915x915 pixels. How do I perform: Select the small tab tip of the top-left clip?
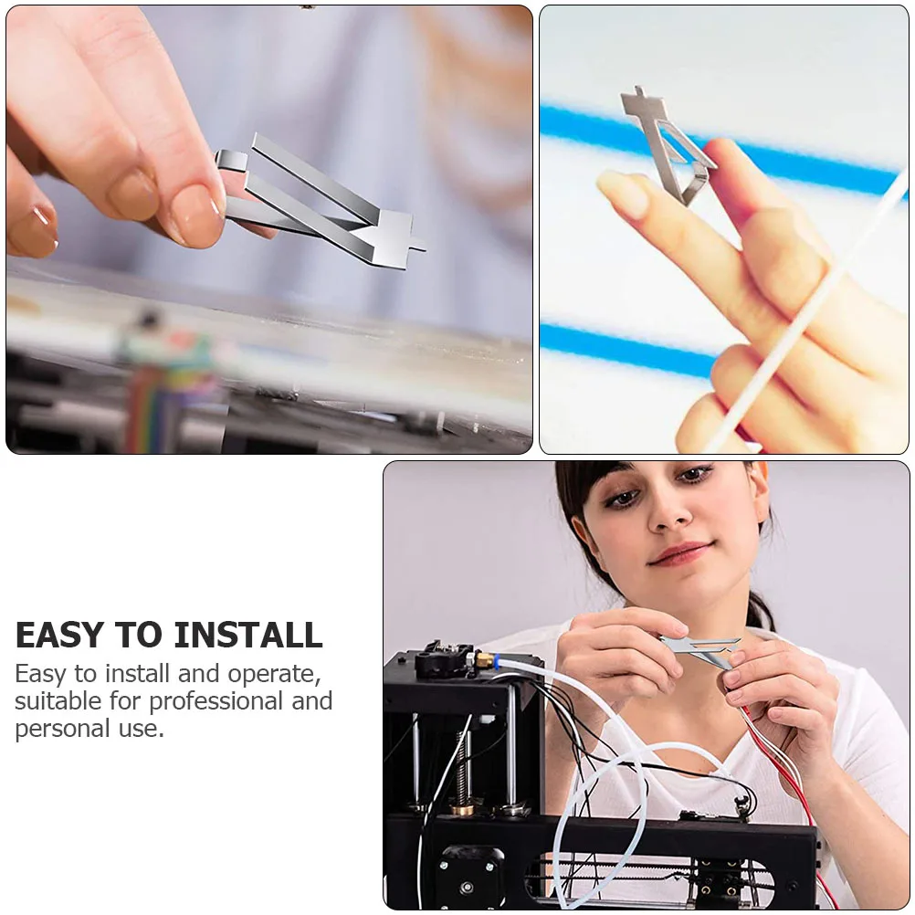pyautogui.click(x=418, y=244)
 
